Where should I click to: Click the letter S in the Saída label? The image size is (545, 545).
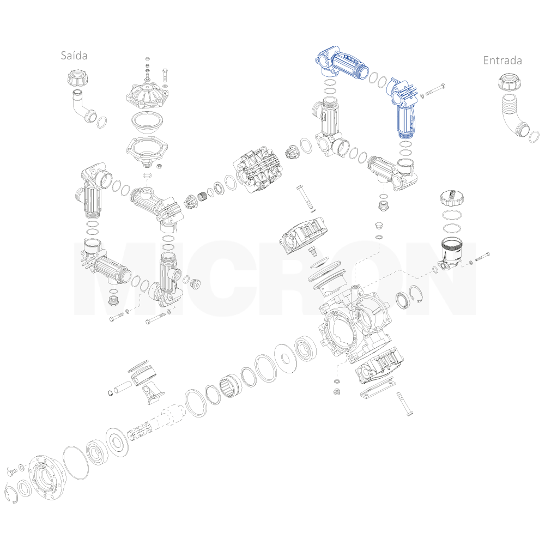(x=64, y=56)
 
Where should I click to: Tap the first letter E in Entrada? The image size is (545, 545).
(x=486, y=60)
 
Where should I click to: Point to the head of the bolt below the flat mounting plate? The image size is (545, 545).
(x=409, y=413)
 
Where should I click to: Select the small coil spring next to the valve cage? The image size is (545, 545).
(x=203, y=197)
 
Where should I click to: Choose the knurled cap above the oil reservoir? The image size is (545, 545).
(x=452, y=198)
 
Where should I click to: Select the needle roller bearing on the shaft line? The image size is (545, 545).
(x=229, y=386)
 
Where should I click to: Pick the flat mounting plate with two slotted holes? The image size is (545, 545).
(x=378, y=388)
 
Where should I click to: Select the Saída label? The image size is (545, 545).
(x=74, y=56)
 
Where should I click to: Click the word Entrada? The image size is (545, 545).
(x=502, y=60)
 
